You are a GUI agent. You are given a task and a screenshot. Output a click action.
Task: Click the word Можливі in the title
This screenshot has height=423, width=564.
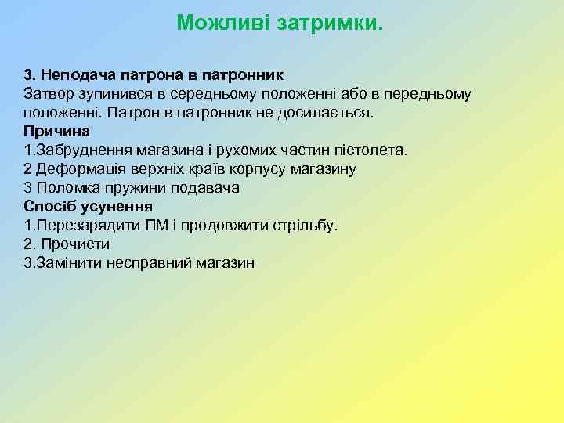(x=218, y=22)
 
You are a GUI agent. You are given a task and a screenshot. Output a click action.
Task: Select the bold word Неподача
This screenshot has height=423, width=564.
(x=74, y=75)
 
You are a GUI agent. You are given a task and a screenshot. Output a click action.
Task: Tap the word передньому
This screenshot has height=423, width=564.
(x=426, y=94)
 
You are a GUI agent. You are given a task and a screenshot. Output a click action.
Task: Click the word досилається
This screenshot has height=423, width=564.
(x=333, y=113)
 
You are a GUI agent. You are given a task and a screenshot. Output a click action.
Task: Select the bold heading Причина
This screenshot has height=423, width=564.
(x=56, y=131)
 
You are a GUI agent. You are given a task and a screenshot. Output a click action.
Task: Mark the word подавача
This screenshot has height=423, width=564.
(x=208, y=187)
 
